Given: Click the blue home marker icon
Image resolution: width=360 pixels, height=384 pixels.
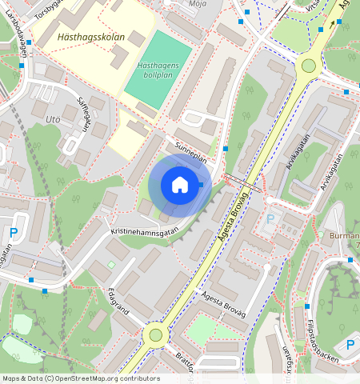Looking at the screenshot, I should pos(180,186).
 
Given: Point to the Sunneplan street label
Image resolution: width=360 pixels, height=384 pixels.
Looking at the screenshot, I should pos(190,153).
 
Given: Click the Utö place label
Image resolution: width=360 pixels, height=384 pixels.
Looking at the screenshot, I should pos(53,119).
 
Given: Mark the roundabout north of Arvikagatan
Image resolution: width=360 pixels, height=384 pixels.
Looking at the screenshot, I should pos(308,66).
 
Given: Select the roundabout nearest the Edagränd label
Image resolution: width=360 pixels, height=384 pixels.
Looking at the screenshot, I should pos(155,335).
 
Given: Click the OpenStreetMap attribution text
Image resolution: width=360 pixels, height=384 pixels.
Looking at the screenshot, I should pos(80,378).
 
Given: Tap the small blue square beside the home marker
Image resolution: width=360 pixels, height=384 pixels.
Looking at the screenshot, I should pos(201,185).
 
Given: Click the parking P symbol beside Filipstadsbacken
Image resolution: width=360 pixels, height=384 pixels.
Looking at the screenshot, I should pos(350,346).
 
